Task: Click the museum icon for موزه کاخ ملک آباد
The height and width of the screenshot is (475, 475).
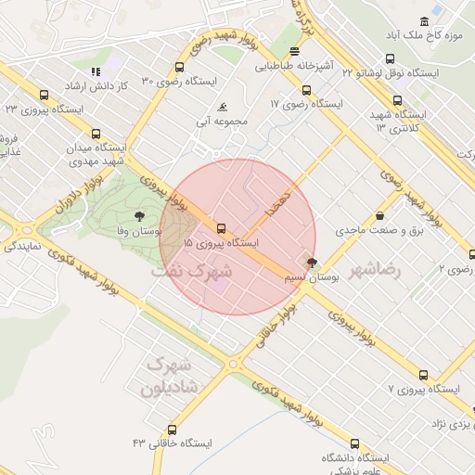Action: click(x=425, y=21)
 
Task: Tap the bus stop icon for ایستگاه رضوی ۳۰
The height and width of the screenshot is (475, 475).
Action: click(x=179, y=66)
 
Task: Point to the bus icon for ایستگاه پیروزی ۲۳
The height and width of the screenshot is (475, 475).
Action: click(x=44, y=95)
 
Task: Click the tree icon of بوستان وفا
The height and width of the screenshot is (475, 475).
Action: click(x=138, y=215)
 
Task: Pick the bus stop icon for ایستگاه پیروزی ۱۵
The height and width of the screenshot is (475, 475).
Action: click(x=221, y=227)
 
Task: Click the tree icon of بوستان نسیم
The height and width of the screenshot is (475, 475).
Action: click(x=311, y=263)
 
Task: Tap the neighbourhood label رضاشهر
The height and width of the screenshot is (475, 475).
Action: click(x=382, y=269)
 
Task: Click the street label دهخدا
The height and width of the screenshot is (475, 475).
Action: click(x=277, y=200)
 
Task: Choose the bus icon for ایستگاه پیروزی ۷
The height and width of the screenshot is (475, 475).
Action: click(x=423, y=376)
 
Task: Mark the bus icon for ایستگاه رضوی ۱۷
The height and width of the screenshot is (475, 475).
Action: click(x=306, y=90)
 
